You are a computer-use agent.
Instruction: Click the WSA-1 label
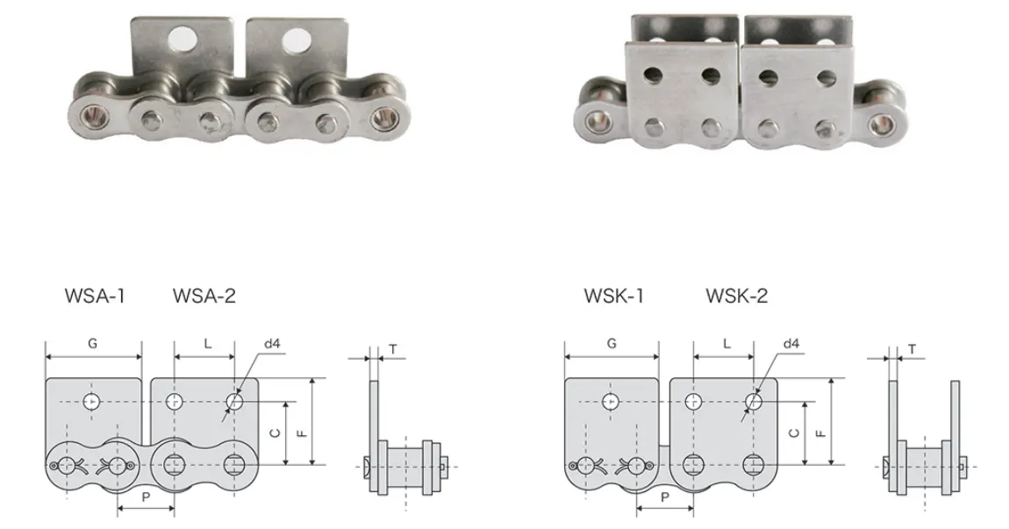coord(95,297)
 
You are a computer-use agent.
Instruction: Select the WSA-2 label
coord(204,297)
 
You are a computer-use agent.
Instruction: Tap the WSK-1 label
coord(614,297)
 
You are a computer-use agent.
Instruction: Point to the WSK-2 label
coord(736,297)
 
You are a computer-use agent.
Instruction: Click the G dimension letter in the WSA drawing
coord(92,344)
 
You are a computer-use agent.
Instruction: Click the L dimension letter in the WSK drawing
coord(726,344)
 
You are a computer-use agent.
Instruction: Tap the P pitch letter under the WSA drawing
coord(146,496)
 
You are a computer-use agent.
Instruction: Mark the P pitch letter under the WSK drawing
coord(665,496)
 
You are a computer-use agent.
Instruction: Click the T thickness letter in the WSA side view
coord(392,349)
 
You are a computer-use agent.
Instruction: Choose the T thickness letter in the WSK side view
coord(912,349)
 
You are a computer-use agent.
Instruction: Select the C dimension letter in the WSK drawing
coord(794,433)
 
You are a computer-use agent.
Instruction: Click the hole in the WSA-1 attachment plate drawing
coord(92,402)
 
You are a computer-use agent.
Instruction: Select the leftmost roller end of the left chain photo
coord(91,114)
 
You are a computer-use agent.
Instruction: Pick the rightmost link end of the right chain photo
coord(880,116)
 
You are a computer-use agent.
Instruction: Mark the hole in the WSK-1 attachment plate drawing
coord(612,402)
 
